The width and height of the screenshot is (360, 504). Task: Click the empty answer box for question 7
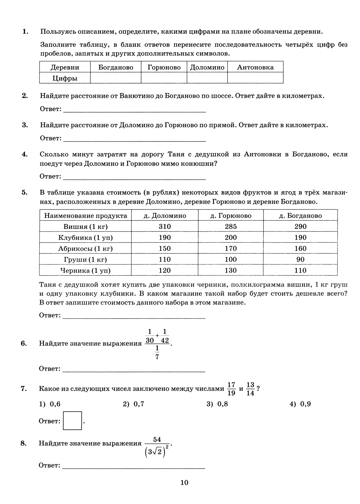click(x=72, y=420)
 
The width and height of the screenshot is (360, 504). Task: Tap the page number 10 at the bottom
click(x=184, y=483)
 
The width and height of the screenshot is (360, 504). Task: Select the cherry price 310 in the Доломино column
click(x=165, y=226)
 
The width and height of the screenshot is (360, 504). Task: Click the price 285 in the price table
click(x=230, y=226)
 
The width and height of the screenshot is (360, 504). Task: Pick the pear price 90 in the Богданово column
click(x=300, y=260)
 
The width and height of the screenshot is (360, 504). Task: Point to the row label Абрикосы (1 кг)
click(x=85, y=248)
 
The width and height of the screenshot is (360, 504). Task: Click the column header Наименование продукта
click(x=85, y=216)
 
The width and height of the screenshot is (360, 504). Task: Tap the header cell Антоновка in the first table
click(x=255, y=67)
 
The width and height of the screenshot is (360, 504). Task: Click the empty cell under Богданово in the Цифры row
click(x=116, y=78)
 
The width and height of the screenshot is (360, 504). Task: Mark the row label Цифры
click(x=65, y=78)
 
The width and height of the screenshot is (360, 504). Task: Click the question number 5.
click(x=24, y=192)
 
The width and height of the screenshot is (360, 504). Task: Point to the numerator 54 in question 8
click(x=157, y=440)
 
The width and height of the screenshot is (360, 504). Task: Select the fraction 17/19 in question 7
click(x=231, y=389)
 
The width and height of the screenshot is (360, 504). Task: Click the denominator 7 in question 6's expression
click(x=157, y=356)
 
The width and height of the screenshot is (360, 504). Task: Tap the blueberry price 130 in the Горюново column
click(x=230, y=270)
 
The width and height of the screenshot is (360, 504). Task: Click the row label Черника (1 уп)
click(x=85, y=270)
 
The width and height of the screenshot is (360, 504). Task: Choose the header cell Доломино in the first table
click(x=207, y=67)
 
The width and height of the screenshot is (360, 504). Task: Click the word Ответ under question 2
click(x=50, y=109)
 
